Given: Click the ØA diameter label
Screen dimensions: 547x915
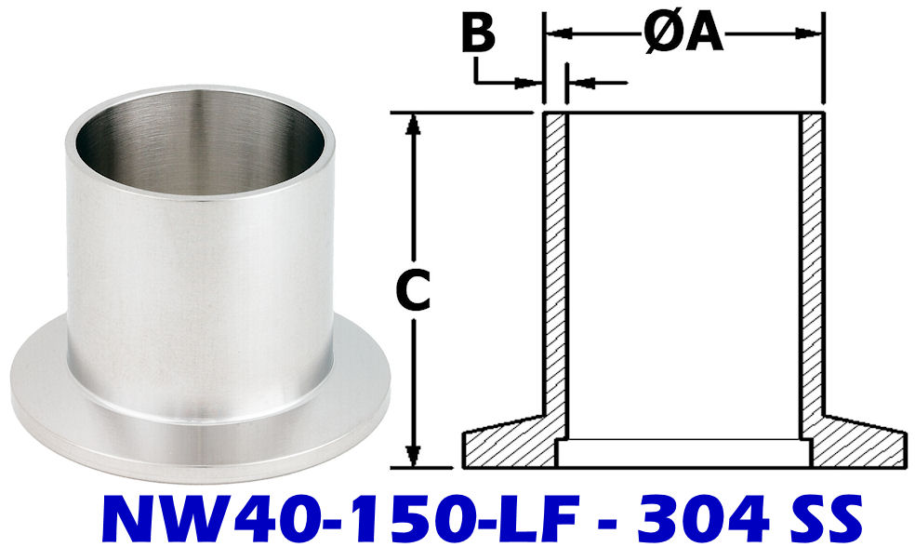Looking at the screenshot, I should pos(683,34).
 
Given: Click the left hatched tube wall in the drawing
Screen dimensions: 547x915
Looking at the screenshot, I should pos(555,260).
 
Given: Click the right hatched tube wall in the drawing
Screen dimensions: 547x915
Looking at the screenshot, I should pos(812,260).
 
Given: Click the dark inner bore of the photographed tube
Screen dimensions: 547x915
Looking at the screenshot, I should pos(200,149).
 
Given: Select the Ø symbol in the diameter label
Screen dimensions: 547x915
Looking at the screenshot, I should pos(658,34).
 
